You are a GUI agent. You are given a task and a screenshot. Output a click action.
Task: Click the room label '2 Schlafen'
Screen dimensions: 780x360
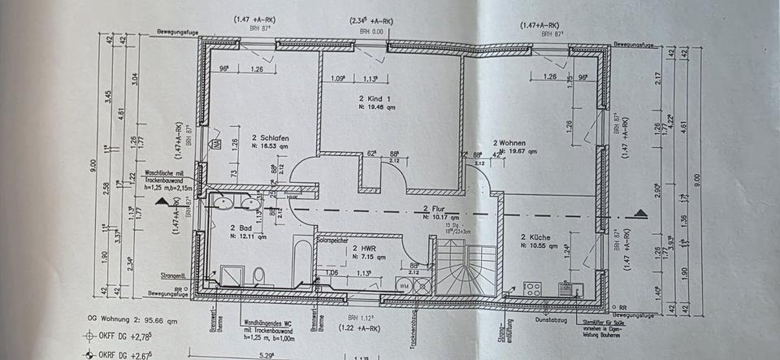pos(248,138)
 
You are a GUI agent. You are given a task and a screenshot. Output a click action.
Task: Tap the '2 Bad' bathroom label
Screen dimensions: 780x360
pos(240,228)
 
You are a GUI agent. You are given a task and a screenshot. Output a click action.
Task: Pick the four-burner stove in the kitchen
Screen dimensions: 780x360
pos(532,290)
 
